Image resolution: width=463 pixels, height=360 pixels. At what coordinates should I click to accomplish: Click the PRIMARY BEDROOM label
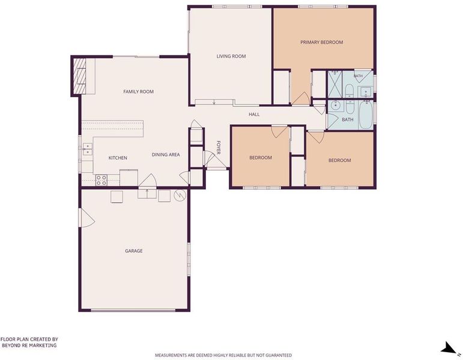(321, 42)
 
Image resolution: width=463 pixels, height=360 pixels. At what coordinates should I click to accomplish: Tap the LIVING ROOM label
(231, 56)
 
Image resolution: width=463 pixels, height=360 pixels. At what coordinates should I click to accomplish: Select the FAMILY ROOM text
(139, 91)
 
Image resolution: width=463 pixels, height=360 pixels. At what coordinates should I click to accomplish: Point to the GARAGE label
(134, 251)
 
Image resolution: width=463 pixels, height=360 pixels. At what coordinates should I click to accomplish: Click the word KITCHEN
(118, 158)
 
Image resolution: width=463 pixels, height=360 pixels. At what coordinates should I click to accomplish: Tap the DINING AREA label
(166, 155)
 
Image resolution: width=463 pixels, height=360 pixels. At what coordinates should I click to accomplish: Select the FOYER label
(219, 148)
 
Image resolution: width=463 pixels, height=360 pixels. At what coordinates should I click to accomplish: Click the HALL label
(254, 114)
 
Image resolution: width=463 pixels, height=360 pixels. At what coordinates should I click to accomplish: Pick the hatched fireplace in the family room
(79, 76)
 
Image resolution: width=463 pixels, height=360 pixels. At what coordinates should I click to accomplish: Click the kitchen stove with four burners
(101, 180)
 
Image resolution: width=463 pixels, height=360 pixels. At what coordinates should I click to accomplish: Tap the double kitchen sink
(88, 149)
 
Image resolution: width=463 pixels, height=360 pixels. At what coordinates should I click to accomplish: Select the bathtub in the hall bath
(366, 115)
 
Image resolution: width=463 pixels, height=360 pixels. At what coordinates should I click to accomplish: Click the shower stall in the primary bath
(335, 84)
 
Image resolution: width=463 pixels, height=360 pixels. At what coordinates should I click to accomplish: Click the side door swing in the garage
(87, 218)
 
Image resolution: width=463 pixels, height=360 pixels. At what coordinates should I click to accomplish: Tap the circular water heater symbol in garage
(180, 196)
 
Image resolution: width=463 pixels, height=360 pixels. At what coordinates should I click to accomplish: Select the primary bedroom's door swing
(301, 98)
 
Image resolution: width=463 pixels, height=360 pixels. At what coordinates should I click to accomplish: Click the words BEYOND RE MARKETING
(29, 345)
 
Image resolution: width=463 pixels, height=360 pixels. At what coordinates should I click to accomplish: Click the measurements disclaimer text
(223, 355)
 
